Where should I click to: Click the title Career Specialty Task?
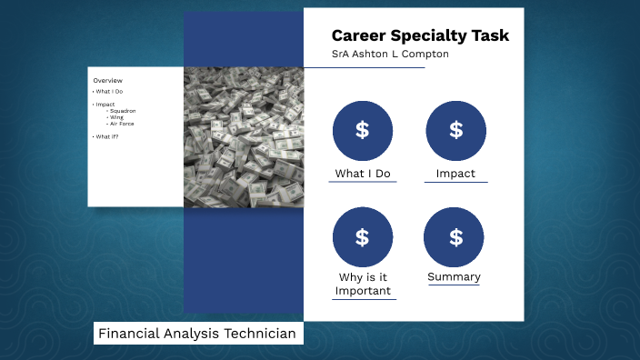tap(420, 36)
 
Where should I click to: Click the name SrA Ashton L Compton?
tap(390, 55)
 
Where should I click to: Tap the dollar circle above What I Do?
tap(363, 130)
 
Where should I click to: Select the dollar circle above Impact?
tap(455, 130)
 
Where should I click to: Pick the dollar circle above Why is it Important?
tap(363, 237)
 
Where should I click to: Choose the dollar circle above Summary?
tap(455, 237)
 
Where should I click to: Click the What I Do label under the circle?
tap(363, 174)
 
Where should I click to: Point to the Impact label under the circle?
tap(455, 174)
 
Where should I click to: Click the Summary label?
tap(455, 277)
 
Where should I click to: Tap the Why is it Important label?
tap(363, 284)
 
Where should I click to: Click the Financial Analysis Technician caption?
tap(197, 335)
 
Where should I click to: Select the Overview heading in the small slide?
tap(107, 80)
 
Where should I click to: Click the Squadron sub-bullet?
tap(122, 111)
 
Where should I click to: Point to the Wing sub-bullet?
tap(116, 116)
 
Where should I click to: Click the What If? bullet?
tap(106, 136)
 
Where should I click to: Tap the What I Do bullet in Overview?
tap(109, 92)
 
